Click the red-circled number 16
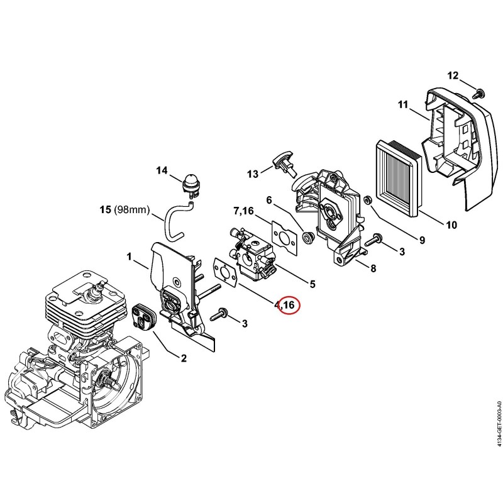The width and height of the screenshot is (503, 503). [x=289, y=305]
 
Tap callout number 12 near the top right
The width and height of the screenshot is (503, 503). [x=453, y=75]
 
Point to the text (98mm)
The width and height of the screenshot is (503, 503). [x=132, y=210]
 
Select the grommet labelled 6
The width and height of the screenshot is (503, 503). [x=309, y=238]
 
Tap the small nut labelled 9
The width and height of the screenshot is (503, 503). [x=367, y=200]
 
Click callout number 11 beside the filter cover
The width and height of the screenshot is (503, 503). [x=403, y=104]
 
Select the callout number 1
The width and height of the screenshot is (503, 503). [x=130, y=257]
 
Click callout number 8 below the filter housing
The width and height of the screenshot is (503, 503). [x=373, y=268]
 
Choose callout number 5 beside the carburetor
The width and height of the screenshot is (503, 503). [x=312, y=284]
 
